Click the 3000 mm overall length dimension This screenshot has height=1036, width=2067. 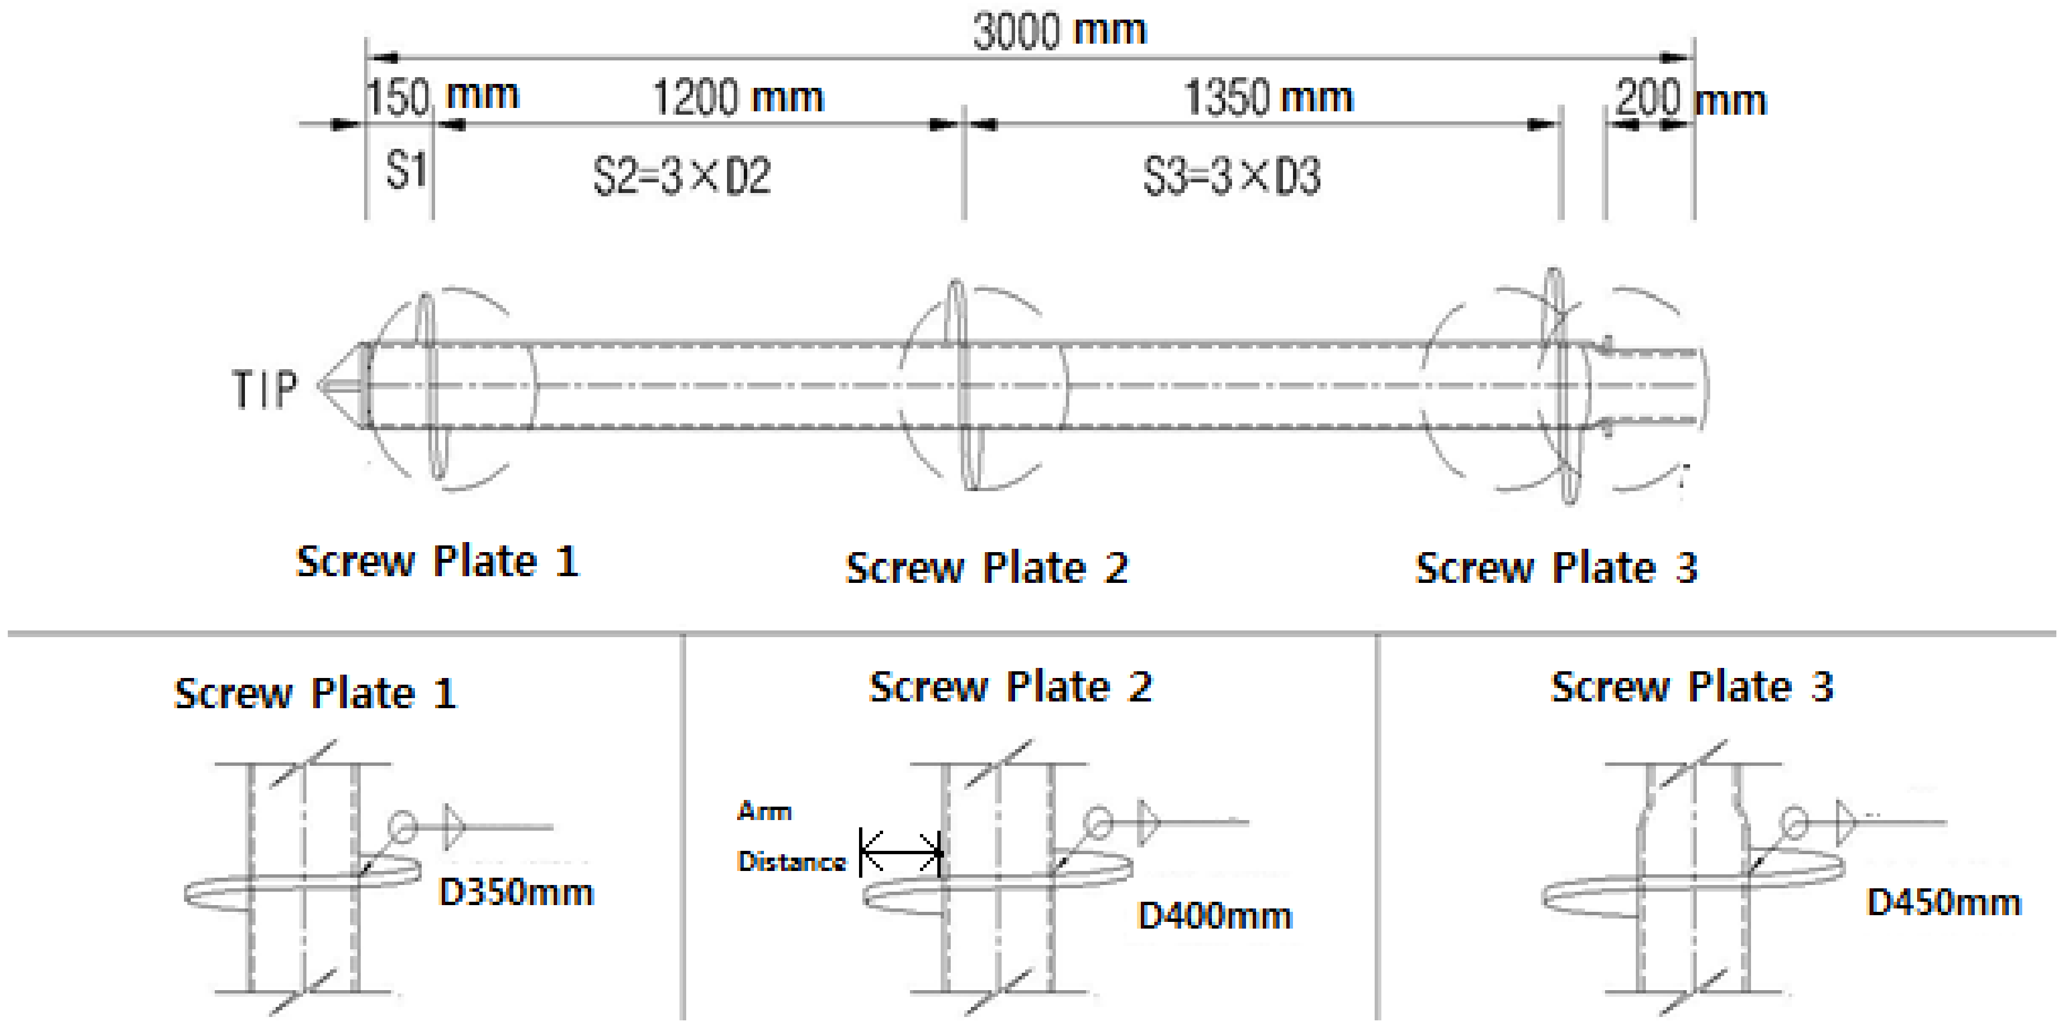1059,31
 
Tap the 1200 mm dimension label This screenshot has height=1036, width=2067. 738,97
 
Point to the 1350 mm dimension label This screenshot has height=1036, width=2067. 1268,97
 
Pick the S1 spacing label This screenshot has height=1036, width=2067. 406,169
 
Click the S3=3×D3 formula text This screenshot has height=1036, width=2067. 1231,176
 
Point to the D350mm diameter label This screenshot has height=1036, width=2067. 516,892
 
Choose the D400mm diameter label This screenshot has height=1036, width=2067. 1215,916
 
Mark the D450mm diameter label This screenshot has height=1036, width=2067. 1943,902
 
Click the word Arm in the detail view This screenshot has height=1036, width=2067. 764,811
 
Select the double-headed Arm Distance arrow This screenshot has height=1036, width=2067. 900,851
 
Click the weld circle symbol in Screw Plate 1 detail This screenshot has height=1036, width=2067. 403,826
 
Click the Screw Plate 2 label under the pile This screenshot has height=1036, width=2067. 987,567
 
